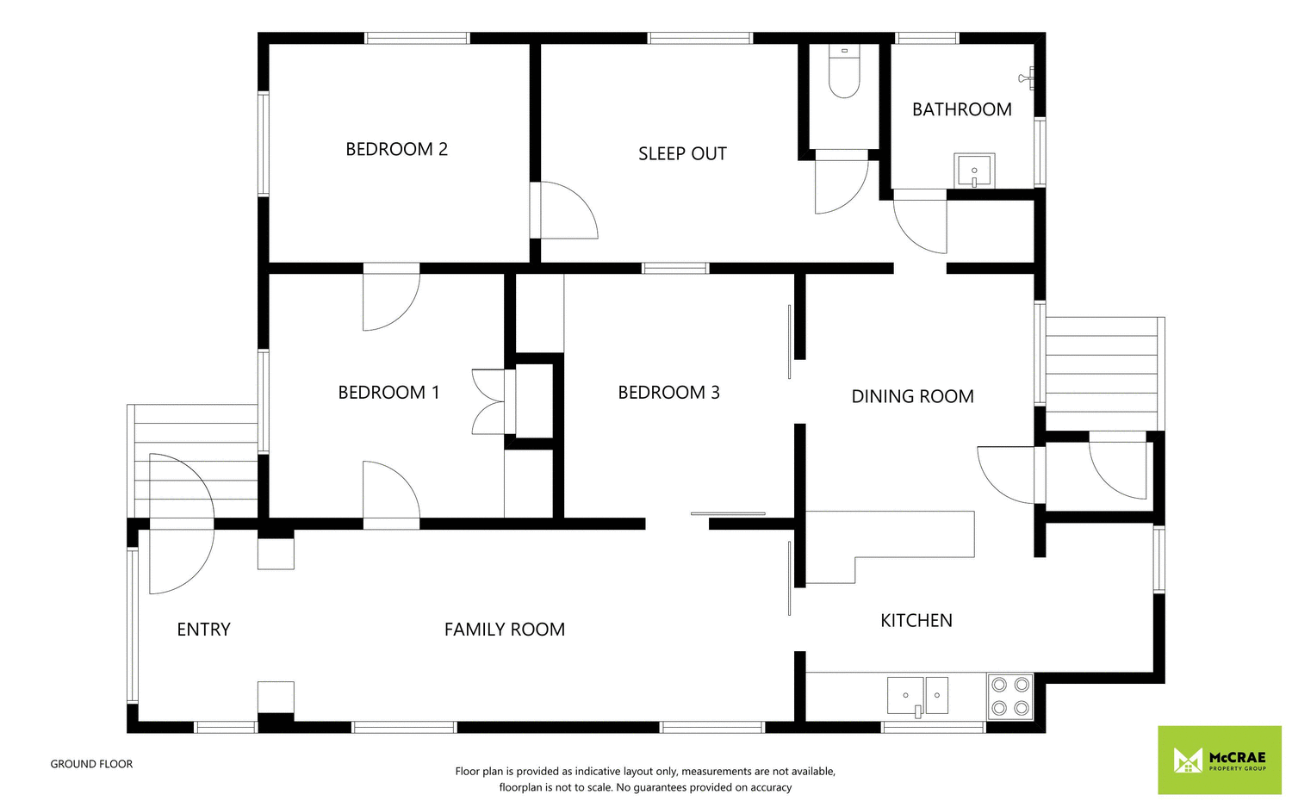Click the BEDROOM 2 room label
point(396,149)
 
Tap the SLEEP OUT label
point(682,153)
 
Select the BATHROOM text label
point(961,109)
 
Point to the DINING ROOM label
point(912,396)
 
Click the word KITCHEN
point(916,620)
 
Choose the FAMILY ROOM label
point(504,630)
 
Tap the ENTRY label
point(203,630)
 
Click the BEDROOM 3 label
point(668,393)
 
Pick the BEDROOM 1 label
point(388,393)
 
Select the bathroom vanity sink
point(974,171)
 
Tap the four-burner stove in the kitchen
point(1009,697)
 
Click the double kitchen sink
point(917,696)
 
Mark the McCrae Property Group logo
point(1219,760)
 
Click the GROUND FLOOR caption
point(91,764)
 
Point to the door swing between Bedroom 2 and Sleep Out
point(564,211)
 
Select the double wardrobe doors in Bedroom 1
point(489,401)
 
